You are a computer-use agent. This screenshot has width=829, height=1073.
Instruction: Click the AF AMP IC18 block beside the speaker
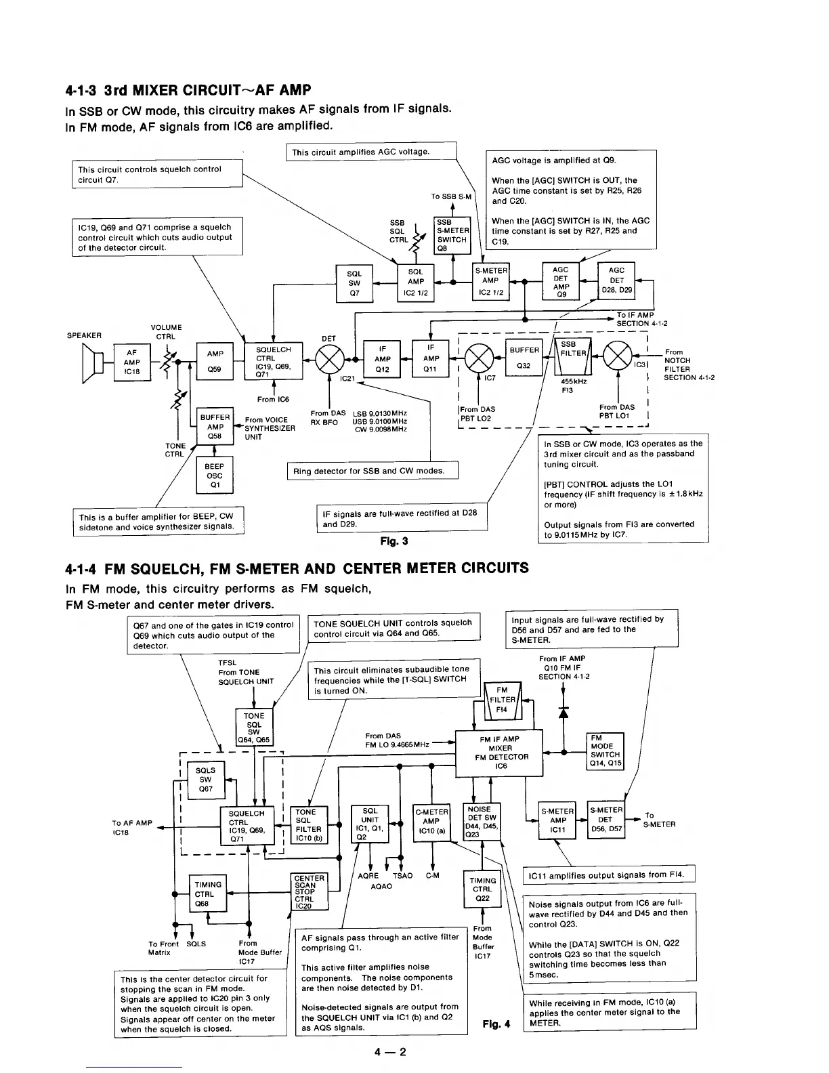pyautogui.click(x=131, y=362)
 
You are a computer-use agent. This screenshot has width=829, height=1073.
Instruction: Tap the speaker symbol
pyautogui.click(x=94, y=363)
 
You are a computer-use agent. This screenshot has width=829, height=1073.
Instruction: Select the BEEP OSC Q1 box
pyautogui.click(x=215, y=476)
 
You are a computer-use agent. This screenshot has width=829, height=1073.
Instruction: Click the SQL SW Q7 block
pyautogui.click(x=354, y=283)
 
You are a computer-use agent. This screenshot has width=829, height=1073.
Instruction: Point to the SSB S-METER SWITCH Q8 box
pyautogui.click(x=452, y=234)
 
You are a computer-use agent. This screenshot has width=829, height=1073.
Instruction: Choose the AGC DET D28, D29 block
pyautogui.click(x=616, y=280)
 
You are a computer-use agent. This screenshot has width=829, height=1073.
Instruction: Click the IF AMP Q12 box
pyautogui.click(x=383, y=358)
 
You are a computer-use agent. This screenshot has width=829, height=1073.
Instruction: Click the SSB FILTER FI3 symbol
pyautogui.click(x=573, y=357)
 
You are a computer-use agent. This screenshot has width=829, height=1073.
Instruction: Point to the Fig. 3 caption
pyautogui.click(x=394, y=541)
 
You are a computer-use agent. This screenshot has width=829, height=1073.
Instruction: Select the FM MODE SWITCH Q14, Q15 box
pyautogui.click(x=605, y=751)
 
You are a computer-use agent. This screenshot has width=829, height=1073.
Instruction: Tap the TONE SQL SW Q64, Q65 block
pyautogui.click(x=254, y=727)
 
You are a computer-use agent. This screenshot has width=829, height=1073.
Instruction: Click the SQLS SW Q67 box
pyautogui.click(x=205, y=780)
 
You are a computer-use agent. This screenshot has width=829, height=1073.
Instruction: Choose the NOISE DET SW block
pyautogui.click(x=481, y=822)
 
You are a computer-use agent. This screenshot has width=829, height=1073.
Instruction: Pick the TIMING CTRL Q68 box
pyautogui.click(x=208, y=893)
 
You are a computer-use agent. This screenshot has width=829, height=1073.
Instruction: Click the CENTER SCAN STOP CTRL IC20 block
pyautogui.click(x=309, y=891)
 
